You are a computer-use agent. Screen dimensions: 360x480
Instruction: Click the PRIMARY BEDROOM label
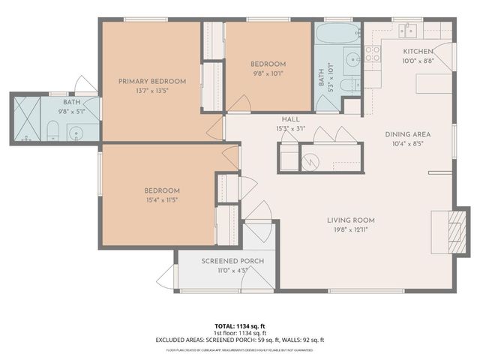(152, 81)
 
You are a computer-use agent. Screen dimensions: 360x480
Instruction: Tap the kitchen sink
(409, 31)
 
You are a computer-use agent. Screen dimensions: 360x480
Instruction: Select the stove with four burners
(372, 53)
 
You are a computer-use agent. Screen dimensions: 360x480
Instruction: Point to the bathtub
(337, 34)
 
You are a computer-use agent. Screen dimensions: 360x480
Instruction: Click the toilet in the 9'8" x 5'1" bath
(52, 133)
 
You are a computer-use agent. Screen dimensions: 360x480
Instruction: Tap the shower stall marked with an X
(26, 120)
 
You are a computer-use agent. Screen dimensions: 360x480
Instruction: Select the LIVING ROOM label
(350, 220)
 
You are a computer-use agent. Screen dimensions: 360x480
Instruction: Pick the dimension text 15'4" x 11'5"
(163, 200)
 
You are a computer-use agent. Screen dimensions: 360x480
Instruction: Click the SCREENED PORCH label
(232, 261)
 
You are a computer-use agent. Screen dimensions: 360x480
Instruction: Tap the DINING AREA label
(407, 134)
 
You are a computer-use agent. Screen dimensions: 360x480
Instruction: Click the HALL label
(290, 119)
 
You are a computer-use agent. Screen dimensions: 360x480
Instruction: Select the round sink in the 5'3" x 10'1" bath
(351, 60)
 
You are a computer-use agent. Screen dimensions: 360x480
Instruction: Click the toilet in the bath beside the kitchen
(349, 85)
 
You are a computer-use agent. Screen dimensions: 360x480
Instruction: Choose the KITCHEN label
(418, 51)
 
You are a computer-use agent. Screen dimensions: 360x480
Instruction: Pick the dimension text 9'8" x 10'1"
(268, 73)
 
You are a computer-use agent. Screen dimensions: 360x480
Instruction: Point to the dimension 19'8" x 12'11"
(350, 230)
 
